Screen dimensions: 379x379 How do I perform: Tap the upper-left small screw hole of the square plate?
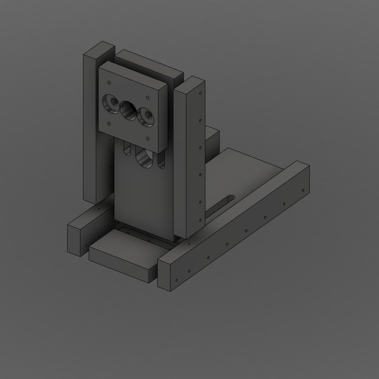click(108, 83)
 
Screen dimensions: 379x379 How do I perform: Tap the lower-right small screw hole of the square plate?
click(148, 139)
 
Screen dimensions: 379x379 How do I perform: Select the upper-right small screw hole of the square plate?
click(148, 98)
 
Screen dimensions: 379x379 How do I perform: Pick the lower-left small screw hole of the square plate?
click(109, 124)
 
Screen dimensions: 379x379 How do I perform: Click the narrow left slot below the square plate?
click(128, 150)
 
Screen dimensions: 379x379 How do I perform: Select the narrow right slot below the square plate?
click(161, 161)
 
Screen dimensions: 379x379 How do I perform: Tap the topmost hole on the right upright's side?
click(201, 93)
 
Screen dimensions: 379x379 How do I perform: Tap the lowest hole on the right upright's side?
click(200, 220)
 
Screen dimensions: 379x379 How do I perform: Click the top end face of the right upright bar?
click(189, 83)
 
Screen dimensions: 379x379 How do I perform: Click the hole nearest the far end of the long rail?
click(303, 190)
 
